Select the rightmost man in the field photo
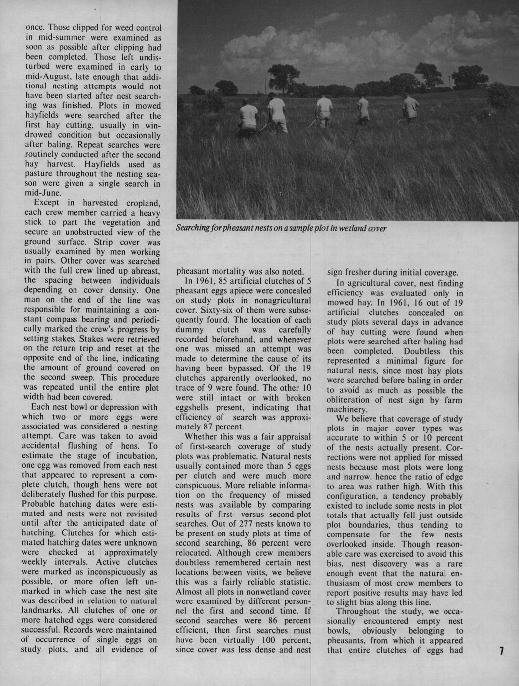click(410, 109)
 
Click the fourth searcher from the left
click(363, 110)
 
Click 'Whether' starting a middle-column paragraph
click(200, 437)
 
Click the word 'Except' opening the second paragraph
click(46, 203)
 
